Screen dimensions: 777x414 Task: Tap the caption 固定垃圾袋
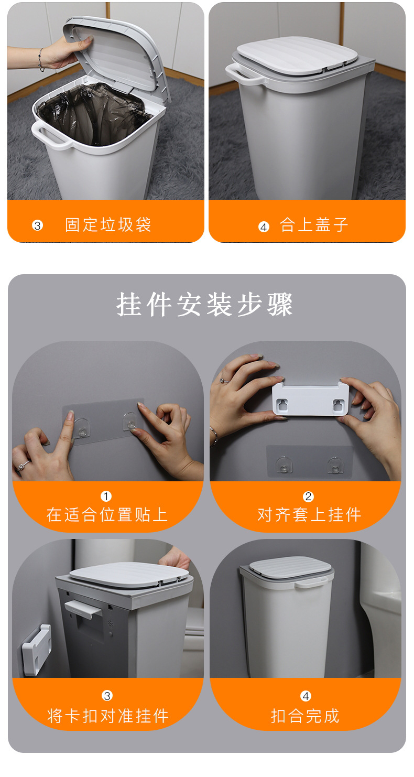click(x=108, y=225)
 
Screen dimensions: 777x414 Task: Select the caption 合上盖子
click(x=313, y=225)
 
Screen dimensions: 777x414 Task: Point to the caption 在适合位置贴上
click(x=107, y=514)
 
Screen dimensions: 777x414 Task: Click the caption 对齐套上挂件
click(x=309, y=514)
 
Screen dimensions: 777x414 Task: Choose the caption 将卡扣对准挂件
click(x=108, y=715)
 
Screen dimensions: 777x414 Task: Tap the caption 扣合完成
click(x=305, y=715)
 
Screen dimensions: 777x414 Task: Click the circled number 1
click(x=106, y=496)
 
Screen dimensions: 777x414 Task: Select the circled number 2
click(x=308, y=496)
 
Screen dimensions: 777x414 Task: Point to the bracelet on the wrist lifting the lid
click(x=41, y=60)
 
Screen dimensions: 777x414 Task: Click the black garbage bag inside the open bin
click(x=100, y=113)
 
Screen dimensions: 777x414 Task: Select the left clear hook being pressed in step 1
click(x=81, y=427)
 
